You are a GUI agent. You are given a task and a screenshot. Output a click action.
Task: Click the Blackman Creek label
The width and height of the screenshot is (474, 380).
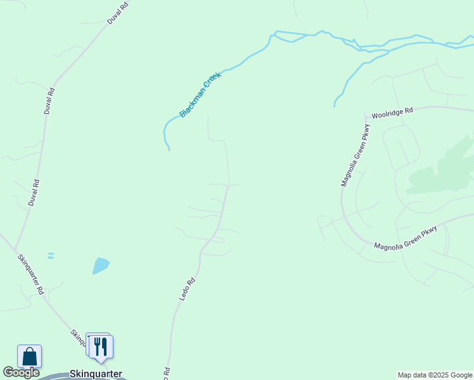200,94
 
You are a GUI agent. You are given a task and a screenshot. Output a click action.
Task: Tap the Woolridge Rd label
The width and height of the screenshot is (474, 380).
392,113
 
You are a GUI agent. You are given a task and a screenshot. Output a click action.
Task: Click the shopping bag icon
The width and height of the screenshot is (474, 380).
30,356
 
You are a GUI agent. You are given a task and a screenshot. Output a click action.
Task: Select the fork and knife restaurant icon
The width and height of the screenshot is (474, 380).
100,346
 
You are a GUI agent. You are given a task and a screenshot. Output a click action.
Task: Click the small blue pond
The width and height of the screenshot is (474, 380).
100,265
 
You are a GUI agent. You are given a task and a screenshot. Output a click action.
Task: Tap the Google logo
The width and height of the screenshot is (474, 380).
21,372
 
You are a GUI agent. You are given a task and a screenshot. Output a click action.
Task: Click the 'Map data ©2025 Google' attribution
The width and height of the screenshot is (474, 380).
435,375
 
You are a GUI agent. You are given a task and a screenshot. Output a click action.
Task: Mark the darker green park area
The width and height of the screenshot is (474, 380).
444,168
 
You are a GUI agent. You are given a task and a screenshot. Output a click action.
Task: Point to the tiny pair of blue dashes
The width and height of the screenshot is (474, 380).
51,256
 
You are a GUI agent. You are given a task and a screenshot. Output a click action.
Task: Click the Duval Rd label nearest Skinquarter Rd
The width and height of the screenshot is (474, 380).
34,193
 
